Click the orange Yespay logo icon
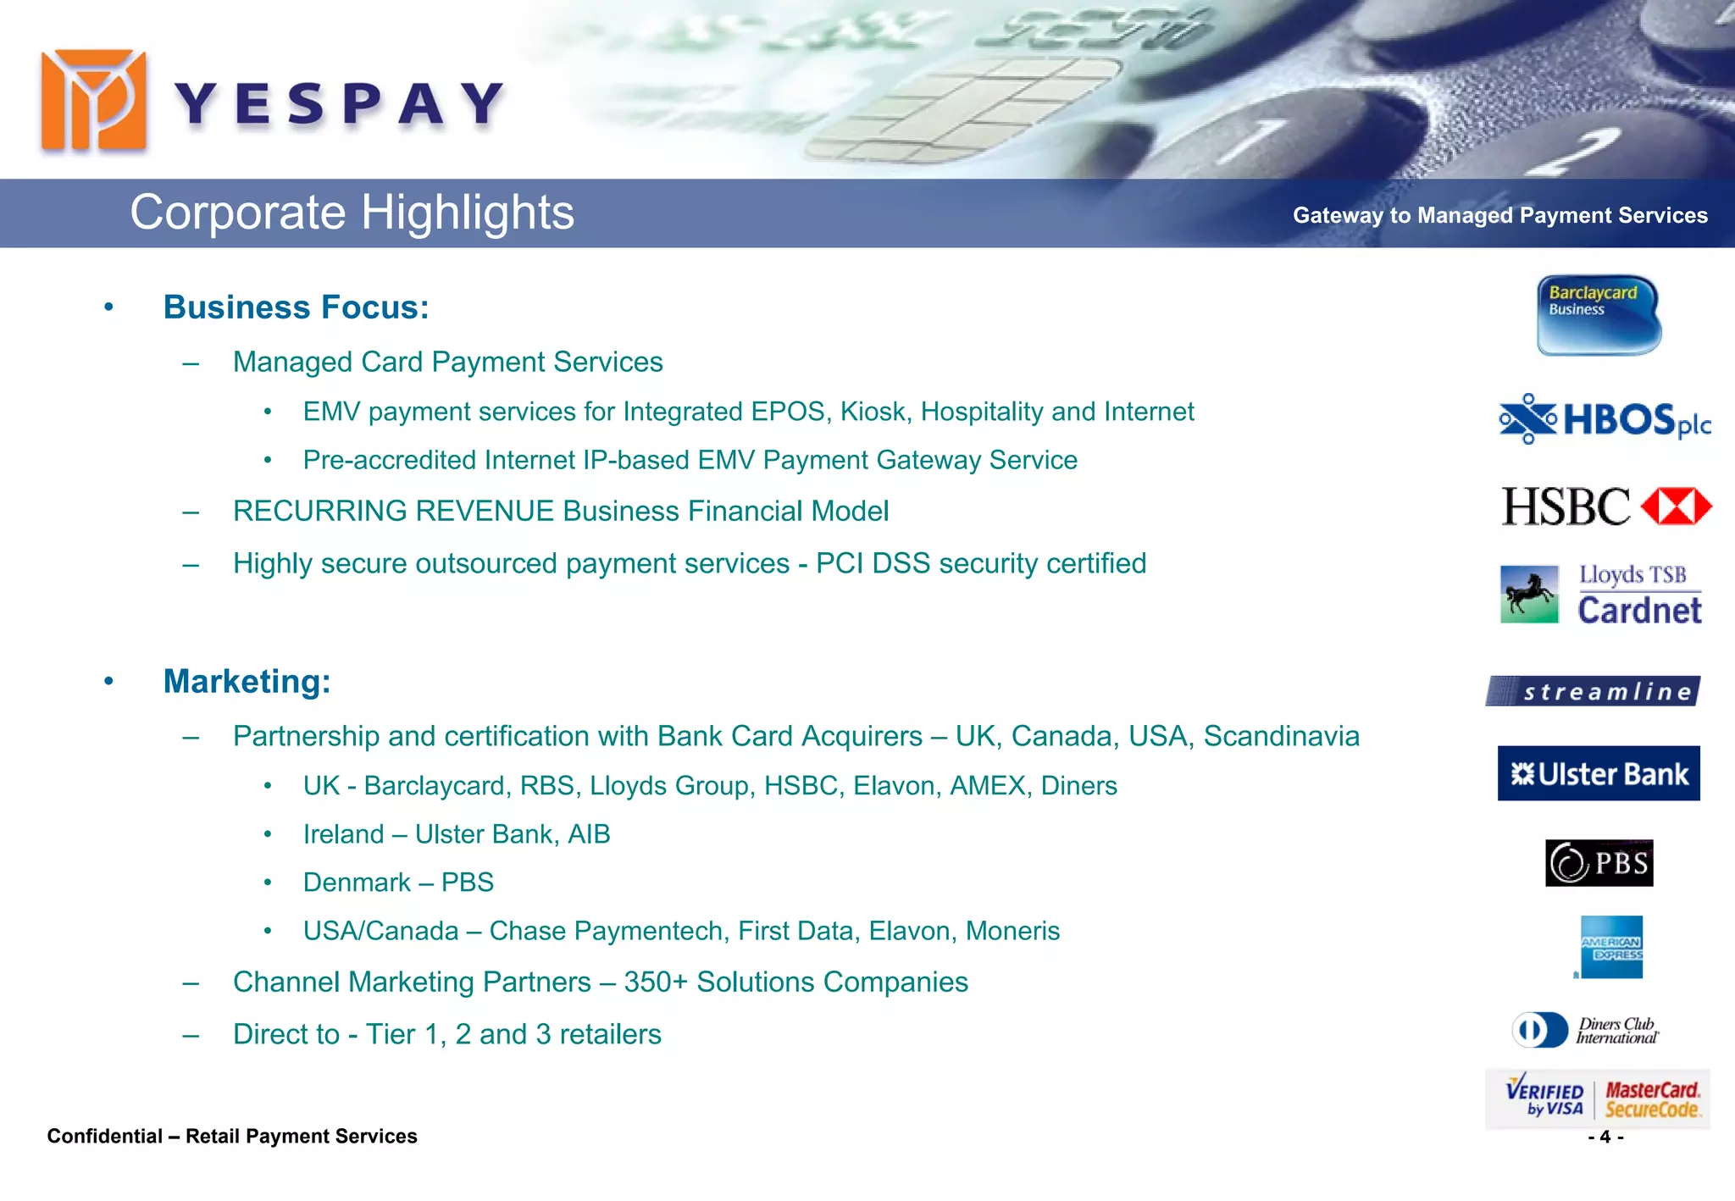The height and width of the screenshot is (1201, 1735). [93, 101]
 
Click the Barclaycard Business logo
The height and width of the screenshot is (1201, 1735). [1599, 315]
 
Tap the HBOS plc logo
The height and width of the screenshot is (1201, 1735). [1605, 419]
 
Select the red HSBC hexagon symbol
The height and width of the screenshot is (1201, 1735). [1676, 506]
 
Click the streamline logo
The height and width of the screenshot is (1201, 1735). [1593, 691]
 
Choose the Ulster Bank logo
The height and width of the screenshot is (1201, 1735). [1599, 773]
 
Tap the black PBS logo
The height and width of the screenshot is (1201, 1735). [1599, 863]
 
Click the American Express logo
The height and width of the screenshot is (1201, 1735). [1611, 947]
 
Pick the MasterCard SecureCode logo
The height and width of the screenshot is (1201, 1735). [1652, 1099]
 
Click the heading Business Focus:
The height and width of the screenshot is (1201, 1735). [296, 307]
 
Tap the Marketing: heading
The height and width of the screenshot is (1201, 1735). [247, 682]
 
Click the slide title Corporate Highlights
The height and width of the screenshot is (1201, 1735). [352, 212]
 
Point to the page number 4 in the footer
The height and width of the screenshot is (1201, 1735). [1605, 1137]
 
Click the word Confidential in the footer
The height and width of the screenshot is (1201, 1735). [104, 1137]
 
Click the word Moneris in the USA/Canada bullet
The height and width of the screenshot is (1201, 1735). [1012, 932]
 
